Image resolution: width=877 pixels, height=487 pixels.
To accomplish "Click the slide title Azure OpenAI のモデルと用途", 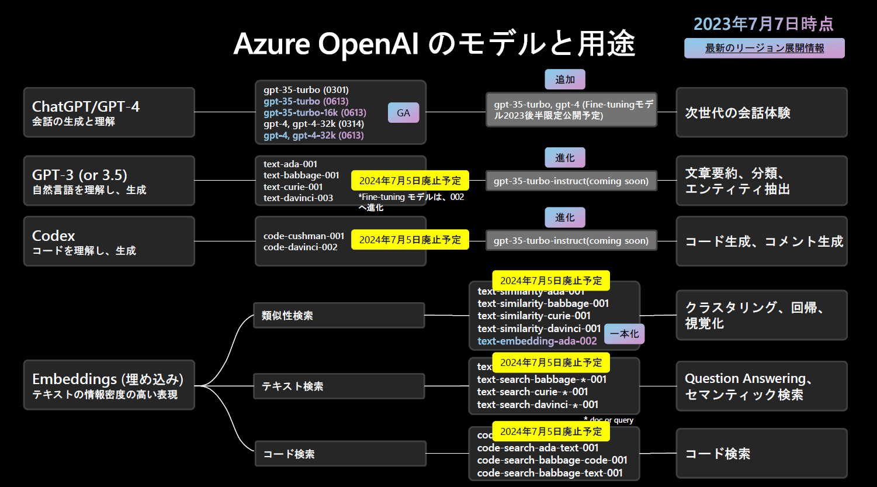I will click(x=434, y=43).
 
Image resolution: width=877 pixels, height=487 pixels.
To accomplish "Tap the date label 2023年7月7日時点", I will click(x=763, y=24).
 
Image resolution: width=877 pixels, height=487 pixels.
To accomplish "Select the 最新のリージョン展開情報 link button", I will click(x=764, y=49).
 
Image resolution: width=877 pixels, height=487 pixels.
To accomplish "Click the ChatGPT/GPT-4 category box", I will click(x=109, y=112).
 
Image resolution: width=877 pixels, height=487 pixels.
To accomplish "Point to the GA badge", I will click(x=403, y=113).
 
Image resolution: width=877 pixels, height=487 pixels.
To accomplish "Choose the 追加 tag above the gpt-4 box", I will click(x=564, y=80).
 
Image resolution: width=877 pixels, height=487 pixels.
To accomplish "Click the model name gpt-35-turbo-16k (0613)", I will click(x=314, y=112).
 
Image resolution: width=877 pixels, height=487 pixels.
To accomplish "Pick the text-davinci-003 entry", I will click(x=298, y=198).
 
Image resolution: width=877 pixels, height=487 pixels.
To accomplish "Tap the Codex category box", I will click(x=109, y=241).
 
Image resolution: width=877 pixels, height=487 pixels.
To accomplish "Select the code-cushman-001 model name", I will click(x=304, y=236).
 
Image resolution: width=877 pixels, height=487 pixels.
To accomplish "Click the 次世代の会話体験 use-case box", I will click(x=761, y=113).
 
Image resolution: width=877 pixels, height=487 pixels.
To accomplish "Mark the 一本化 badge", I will click(x=624, y=334).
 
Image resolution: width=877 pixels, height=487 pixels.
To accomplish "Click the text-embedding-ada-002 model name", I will click(x=537, y=341).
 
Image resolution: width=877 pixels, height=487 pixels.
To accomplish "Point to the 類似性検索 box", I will click(x=339, y=316).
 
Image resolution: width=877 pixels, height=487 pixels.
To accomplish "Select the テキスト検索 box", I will click(x=339, y=386).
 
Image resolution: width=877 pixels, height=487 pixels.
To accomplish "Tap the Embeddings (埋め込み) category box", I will click(x=109, y=385).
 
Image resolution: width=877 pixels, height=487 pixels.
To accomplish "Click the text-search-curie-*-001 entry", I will click(x=532, y=392).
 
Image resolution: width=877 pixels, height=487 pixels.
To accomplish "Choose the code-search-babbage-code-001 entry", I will click(x=552, y=460).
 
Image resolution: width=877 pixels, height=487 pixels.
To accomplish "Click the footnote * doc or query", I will click(x=608, y=420).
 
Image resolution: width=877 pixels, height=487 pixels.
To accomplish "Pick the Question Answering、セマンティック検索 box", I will click(x=761, y=386).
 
